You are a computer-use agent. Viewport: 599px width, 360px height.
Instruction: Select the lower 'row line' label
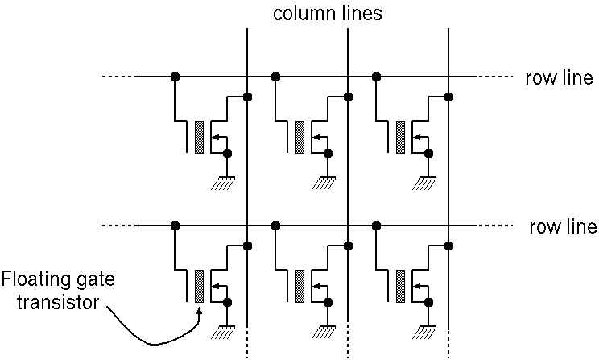point(563,226)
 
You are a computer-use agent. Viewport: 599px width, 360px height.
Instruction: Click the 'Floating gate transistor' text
point(58,292)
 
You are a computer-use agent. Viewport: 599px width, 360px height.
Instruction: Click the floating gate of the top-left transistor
point(199,137)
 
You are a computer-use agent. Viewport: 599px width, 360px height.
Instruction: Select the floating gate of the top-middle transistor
point(299,137)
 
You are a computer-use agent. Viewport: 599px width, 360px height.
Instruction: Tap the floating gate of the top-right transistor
point(400,137)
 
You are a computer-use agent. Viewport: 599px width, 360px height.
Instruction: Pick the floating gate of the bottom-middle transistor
point(299,285)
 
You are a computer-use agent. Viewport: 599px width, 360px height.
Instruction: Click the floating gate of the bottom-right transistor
point(400,285)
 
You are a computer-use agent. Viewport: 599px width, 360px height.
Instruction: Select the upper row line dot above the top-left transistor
point(175,77)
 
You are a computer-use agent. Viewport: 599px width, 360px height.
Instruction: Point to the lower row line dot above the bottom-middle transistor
point(275,226)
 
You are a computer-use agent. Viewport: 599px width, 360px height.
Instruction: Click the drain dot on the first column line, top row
point(247,97)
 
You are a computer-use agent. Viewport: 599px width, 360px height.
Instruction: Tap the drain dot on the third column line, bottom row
point(448,246)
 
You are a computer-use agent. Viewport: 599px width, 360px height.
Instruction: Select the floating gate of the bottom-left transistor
point(199,285)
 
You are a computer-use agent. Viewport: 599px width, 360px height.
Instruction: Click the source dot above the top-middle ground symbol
point(328,153)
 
